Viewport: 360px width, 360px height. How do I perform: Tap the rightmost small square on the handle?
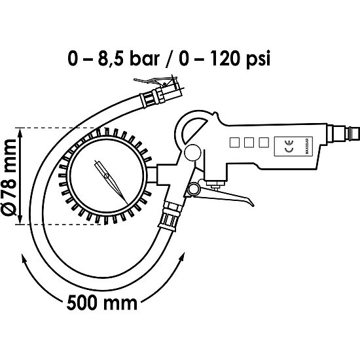[x=263, y=141]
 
